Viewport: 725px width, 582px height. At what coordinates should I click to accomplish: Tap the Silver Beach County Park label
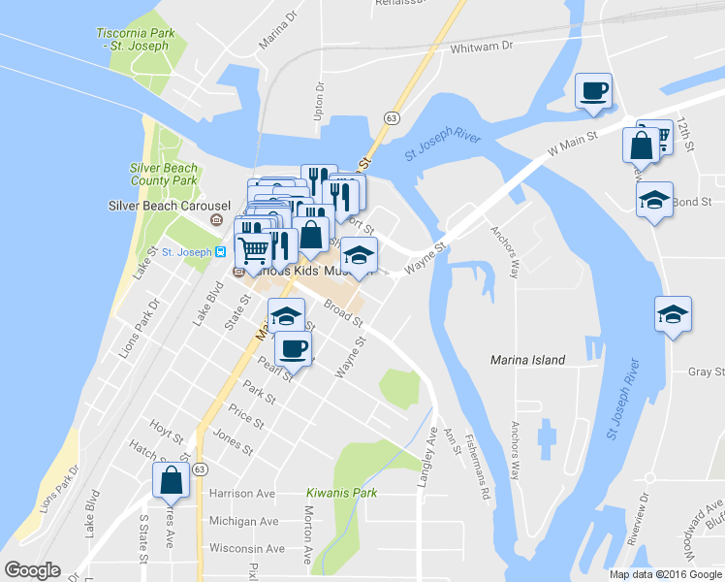tap(164, 174)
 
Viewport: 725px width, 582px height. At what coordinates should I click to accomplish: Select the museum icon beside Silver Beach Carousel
tap(216, 220)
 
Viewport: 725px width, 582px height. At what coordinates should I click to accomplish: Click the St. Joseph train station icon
tap(221, 252)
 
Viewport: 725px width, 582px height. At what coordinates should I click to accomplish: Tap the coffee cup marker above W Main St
tap(593, 92)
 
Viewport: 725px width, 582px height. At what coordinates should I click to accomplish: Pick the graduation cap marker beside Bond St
tap(654, 201)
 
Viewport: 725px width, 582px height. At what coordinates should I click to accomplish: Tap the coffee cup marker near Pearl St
tap(293, 348)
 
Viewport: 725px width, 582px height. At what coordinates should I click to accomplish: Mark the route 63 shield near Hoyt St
tap(199, 469)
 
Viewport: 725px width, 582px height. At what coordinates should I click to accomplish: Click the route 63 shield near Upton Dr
tap(391, 117)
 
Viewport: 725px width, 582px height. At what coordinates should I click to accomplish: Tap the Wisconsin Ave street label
tap(243, 547)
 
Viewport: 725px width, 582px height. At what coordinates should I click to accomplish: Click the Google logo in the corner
tap(32, 570)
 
